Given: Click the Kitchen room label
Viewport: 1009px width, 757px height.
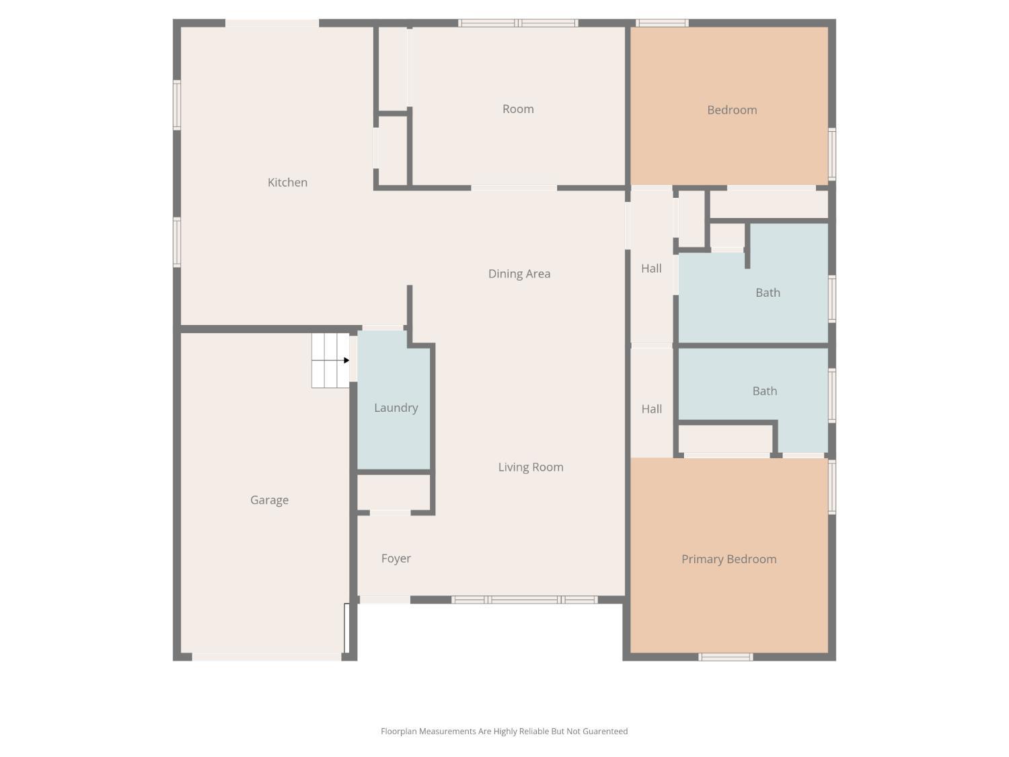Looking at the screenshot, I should tap(287, 182).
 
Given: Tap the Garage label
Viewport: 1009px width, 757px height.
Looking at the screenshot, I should tap(269, 500).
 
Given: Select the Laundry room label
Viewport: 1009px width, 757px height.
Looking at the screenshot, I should tap(396, 408).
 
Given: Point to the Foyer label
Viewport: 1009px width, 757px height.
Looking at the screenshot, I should tap(396, 558).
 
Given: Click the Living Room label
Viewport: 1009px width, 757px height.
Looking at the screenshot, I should tap(530, 467).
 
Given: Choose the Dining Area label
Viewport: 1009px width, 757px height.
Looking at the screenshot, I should tap(519, 274).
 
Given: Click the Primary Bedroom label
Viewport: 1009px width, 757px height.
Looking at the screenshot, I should tap(728, 559).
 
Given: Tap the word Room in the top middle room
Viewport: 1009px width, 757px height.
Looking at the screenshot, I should tap(518, 109).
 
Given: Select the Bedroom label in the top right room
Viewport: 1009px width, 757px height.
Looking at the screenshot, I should tap(732, 110).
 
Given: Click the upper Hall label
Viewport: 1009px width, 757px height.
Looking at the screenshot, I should tap(651, 268).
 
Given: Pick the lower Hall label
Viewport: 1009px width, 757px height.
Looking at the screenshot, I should tap(651, 409).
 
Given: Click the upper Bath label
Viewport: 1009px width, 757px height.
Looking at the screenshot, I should tap(768, 293).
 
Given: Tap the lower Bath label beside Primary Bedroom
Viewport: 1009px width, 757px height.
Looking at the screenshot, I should tap(764, 391).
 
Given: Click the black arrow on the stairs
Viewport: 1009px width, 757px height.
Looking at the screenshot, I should tap(346, 361).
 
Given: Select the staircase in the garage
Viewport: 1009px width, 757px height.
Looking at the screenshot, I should tap(329, 361).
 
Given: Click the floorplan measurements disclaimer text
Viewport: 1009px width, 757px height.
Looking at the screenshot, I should tap(504, 731).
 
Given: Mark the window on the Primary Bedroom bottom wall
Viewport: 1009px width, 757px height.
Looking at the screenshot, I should tap(725, 657).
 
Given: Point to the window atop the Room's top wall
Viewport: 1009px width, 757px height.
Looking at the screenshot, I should tap(518, 23).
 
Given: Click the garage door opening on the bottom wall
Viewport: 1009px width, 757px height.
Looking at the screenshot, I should tap(266, 657).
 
